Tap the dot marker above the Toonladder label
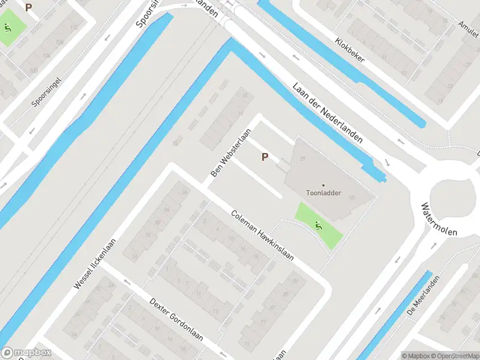point(323,185)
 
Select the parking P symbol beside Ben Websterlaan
point(264,157)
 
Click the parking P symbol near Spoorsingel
point(28,7)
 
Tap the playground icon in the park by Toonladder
point(318,226)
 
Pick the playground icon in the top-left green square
point(7,27)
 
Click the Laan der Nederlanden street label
point(328,112)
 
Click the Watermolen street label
point(439,219)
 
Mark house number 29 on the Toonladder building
point(302,158)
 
